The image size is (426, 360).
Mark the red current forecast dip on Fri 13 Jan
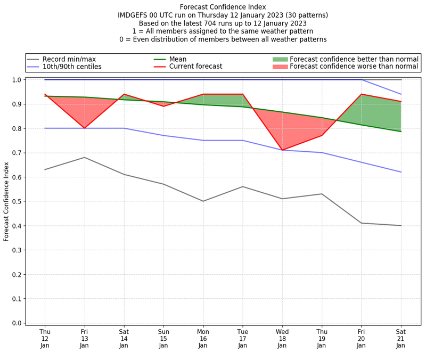pyautogui.click(x=84, y=128)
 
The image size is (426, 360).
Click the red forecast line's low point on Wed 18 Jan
pyautogui.click(x=282, y=150)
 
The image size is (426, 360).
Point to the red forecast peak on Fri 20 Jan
pyautogui.click(x=362, y=94)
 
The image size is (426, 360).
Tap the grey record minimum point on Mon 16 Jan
pyautogui.click(x=203, y=201)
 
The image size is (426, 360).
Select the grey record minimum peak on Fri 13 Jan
pyautogui.click(x=84, y=157)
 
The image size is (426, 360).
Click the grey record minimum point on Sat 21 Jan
pyautogui.click(x=401, y=226)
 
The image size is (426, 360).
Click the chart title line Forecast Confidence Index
pyautogui.click(x=223, y=7)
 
